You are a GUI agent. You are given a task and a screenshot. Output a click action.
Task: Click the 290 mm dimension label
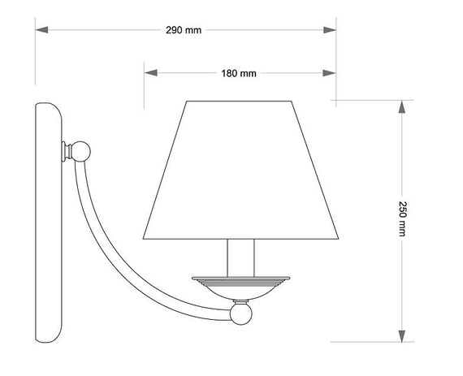click(184, 30)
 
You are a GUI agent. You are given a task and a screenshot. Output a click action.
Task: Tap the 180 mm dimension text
click(239, 73)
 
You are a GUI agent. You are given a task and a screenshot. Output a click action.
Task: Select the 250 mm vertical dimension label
click(402, 218)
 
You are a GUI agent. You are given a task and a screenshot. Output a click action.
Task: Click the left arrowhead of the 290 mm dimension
click(41, 30)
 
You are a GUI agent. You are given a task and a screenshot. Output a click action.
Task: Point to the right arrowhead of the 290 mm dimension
click(330, 30)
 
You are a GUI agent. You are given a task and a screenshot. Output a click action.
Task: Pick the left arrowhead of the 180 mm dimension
click(150, 73)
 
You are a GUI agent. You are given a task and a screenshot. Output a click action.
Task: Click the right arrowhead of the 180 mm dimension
click(329, 73)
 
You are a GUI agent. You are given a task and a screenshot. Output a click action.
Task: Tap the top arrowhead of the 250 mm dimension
click(401, 107)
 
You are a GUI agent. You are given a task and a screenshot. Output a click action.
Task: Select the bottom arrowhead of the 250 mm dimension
click(401, 336)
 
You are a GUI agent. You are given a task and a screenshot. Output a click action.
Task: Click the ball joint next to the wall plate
click(81, 151)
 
